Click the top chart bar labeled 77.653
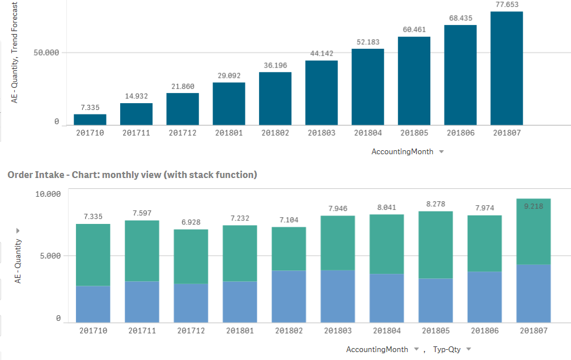(506, 68)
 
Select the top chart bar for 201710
(90, 120)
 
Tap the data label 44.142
(322, 53)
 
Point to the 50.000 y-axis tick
(45, 53)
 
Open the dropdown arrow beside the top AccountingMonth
(441, 152)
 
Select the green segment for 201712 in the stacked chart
(190, 256)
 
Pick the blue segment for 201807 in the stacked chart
(534, 294)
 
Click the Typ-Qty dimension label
(446, 349)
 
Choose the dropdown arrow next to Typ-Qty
(469, 349)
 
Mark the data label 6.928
(190, 222)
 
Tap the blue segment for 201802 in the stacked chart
(289, 297)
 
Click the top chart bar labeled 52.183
(367, 87)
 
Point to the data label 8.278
(435, 204)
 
